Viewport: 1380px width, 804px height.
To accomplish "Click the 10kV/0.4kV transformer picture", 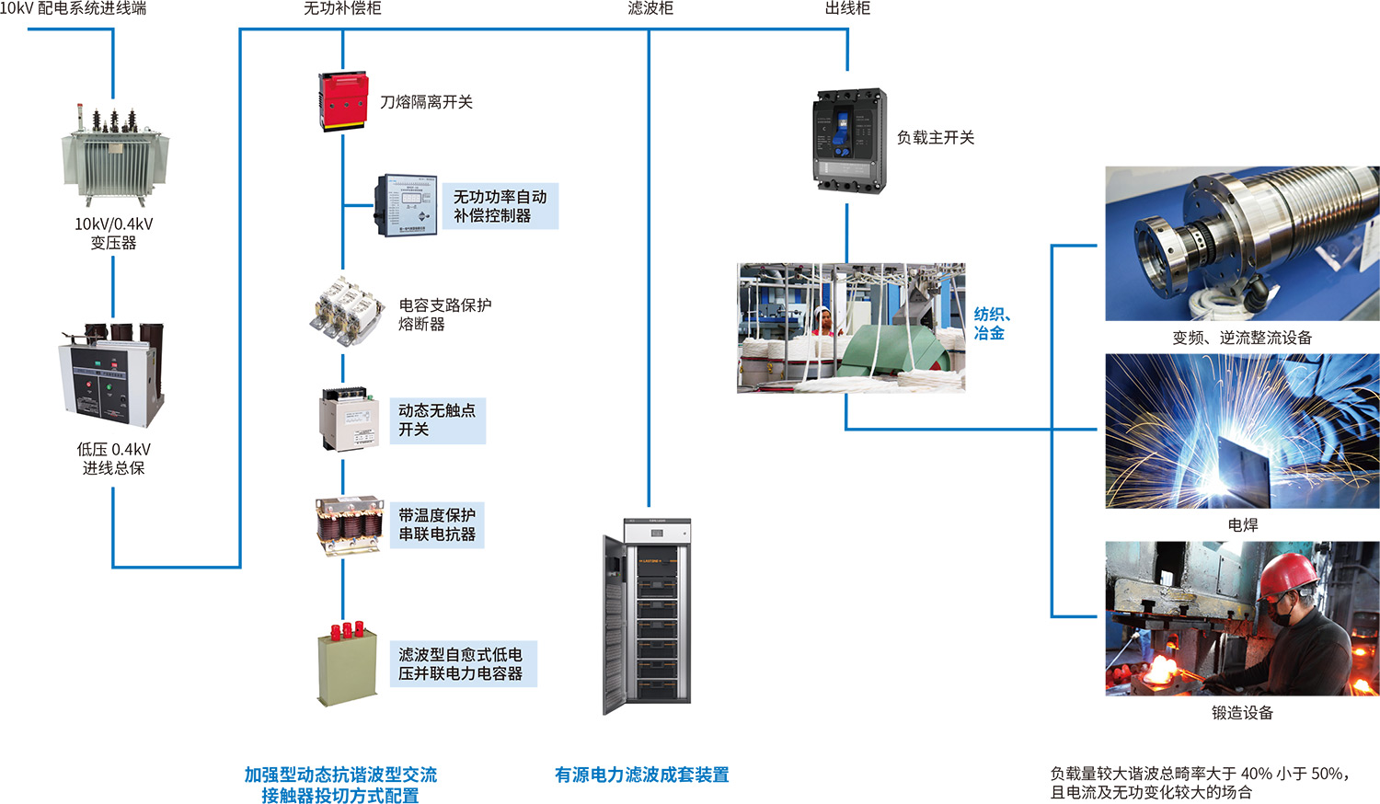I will click(114, 155).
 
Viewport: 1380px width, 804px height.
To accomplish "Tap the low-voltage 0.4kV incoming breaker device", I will click(112, 375).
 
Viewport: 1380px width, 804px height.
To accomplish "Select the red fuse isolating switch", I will click(342, 102).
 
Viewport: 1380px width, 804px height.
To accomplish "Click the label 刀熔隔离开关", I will click(426, 102).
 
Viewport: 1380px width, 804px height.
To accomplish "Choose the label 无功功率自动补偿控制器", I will click(500, 206).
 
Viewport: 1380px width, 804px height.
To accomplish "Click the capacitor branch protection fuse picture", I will click(347, 312).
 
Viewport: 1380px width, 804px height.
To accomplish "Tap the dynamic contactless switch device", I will click(350, 419).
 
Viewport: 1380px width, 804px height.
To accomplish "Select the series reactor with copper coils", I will click(349, 525).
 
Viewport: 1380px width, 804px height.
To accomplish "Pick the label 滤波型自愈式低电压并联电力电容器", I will click(460, 664).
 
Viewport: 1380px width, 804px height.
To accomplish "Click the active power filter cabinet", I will click(646, 616).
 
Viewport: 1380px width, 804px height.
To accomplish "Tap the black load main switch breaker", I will click(849, 140).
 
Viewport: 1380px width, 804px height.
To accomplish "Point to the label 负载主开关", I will click(935, 138).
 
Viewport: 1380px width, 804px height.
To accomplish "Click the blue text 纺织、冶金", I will click(991, 324).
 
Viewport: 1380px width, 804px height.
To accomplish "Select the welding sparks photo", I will click(1242, 431).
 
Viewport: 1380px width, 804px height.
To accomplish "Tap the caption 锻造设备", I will click(1242, 713).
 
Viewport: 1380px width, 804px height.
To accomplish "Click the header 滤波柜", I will click(650, 8).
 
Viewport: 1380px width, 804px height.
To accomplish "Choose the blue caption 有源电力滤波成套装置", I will click(641, 775).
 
